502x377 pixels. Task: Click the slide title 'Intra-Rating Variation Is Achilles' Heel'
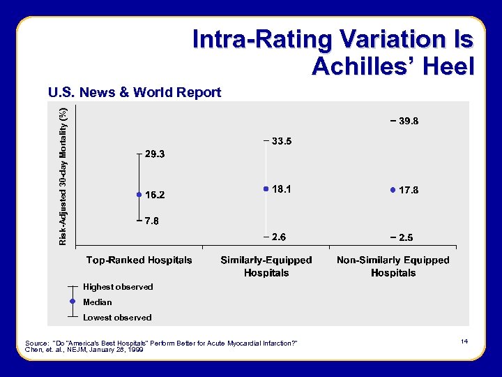(333, 52)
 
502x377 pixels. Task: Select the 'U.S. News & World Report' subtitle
(134, 93)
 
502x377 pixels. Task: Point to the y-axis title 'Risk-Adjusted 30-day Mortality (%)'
(63, 176)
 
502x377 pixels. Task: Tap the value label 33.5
(282, 141)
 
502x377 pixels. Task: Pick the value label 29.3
(154, 154)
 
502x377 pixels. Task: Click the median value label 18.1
(282, 189)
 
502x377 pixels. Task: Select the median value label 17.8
(408, 190)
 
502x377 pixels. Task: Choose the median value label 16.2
(154, 194)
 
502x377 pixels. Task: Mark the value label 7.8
(151, 221)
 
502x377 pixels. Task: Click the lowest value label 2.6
(278, 237)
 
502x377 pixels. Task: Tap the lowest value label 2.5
(405, 237)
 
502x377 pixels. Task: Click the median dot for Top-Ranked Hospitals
(139, 194)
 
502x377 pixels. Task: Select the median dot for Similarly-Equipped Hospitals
(266, 188)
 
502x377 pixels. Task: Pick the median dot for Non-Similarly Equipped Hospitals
(393, 189)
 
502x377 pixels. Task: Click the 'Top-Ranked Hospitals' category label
(139, 260)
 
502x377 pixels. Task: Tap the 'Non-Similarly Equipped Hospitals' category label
(393, 266)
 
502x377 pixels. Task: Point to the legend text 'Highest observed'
(118, 287)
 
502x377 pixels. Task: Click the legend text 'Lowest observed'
(117, 318)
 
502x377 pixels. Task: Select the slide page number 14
(464, 341)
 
